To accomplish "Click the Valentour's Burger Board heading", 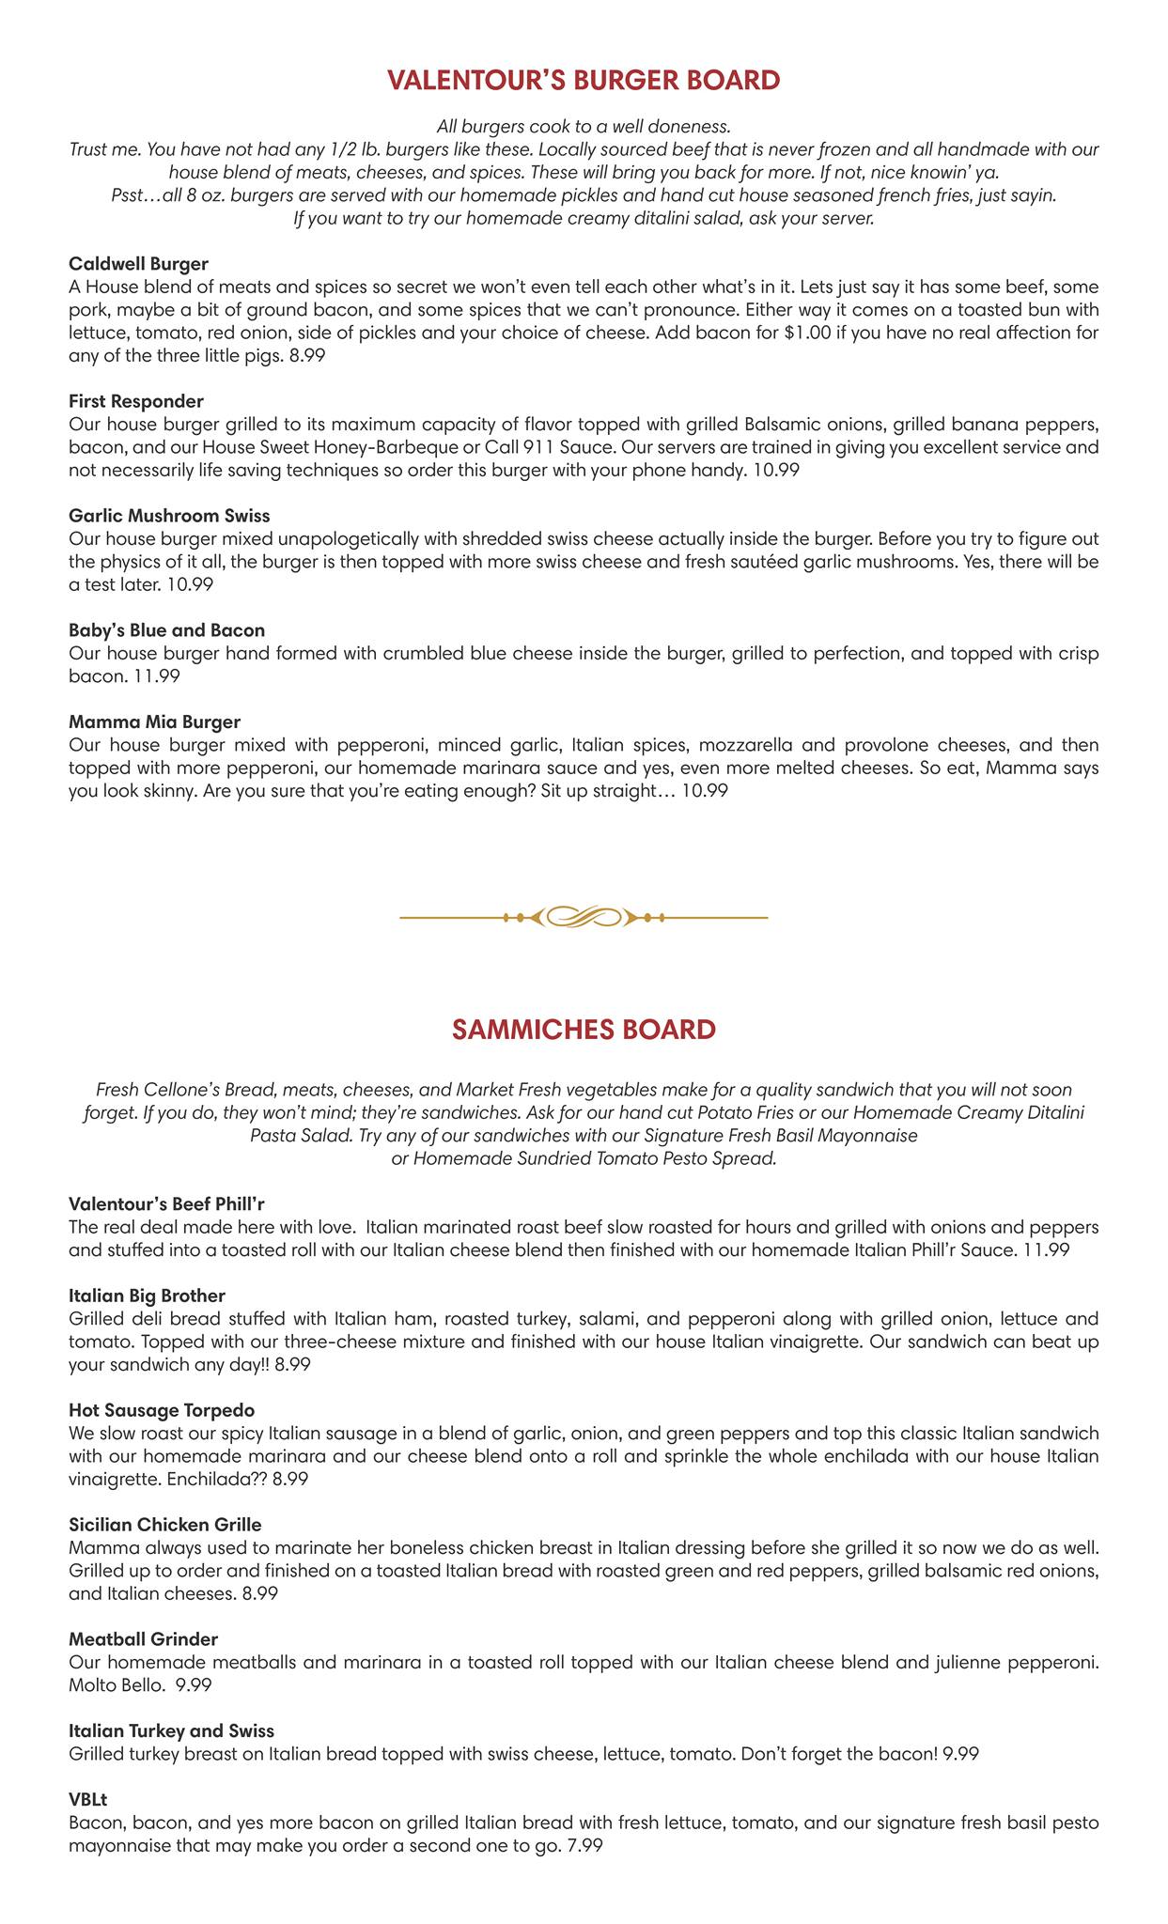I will point(584,81).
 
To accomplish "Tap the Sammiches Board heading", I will point(584,1029).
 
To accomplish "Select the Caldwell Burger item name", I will point(139,263).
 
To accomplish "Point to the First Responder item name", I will point(136,401).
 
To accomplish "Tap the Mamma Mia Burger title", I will point(155,722).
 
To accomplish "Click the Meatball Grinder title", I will point(144,1638).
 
